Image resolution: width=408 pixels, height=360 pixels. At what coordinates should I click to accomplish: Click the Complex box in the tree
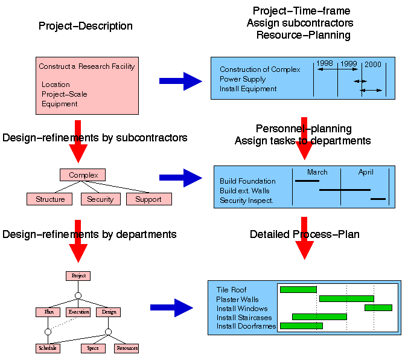[x=83, y=175]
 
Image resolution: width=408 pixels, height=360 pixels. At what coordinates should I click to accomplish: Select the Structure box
[x=49, y=199]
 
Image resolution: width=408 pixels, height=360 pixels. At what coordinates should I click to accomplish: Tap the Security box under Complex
[x=100, y=199]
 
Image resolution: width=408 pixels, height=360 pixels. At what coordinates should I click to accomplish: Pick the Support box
[x=148, y=199]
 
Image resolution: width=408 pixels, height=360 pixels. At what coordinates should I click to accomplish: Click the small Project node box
[x=78, y=276]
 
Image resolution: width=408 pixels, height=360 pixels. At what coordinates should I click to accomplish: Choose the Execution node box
[x=78, y=312]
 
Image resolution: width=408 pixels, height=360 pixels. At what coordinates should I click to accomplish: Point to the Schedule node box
[x=47, y=348]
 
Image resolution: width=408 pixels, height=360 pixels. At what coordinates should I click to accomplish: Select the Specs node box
[x=93, y=348]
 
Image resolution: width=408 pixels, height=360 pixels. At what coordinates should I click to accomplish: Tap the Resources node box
[x=127, y=348]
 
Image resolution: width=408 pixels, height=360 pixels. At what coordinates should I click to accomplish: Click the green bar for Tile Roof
[x=298, y=290]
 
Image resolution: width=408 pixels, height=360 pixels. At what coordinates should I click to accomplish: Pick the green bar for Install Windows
[x=378, y=308]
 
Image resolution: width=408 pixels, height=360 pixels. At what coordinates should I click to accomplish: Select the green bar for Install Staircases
[x=319, y=317]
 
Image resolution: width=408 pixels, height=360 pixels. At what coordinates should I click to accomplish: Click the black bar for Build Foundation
[x=307, y=181]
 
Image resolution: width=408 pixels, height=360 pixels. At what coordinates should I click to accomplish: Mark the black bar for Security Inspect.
[x=378, y=199]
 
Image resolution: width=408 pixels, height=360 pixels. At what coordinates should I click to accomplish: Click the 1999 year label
[x=349, y=63]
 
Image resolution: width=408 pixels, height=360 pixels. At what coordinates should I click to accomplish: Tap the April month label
[x=366, y=172]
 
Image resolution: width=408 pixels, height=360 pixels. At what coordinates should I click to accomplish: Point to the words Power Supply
[x=243, y=79]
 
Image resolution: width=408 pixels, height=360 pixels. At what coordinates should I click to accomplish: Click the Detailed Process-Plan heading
[x=305, y=234]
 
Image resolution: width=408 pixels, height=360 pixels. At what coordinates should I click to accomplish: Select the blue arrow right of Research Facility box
[x=180, y=81]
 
